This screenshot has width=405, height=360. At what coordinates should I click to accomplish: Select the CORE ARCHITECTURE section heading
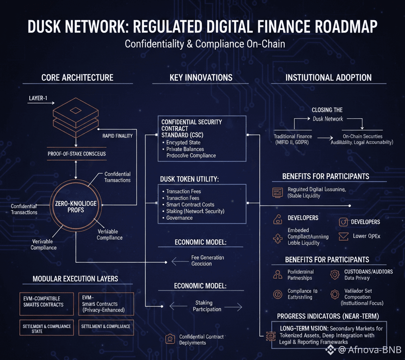point(77,78)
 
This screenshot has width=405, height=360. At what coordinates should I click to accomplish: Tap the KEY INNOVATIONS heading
point(201,78)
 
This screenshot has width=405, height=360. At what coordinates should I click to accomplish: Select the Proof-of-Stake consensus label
point(76,153)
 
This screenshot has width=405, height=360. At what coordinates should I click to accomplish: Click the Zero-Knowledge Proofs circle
point(76,206)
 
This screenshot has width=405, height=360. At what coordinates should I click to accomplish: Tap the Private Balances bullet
point(185,149)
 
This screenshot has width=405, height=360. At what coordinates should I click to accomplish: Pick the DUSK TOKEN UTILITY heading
point(189,179)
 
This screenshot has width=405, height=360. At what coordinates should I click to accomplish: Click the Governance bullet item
point(179,218)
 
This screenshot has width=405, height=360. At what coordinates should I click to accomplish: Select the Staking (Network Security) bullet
point(195,211)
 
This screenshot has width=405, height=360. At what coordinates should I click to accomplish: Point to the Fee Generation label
point(207,258)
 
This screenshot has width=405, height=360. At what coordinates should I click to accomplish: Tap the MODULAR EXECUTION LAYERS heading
point(75,279)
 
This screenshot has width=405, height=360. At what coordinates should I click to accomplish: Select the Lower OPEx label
point(366,236)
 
